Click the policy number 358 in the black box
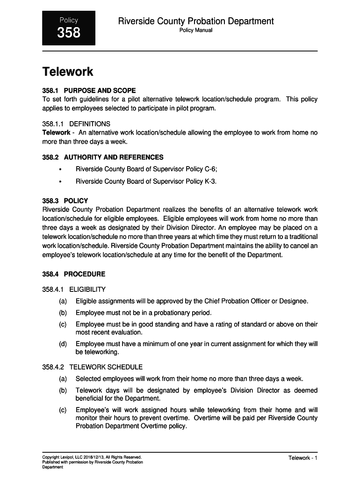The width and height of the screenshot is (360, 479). click(69, 33)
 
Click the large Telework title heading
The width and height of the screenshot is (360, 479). click(68, 72)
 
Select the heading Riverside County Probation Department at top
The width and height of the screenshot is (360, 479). click(196, 21)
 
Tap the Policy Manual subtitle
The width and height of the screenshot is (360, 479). click(196, 30)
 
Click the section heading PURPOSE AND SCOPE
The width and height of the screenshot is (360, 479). click(100, 90)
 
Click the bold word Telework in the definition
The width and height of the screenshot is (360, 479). click(56, 133)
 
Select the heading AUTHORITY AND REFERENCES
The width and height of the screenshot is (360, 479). click(114, 158)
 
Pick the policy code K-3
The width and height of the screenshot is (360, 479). click(210, 181)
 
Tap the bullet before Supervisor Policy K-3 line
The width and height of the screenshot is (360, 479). click(60, 182)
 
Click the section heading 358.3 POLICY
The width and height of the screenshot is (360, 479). click(65, 201)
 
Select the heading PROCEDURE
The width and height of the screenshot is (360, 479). click(85, 274)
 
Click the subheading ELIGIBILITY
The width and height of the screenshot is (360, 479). click(87, 290)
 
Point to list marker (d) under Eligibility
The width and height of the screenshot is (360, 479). click(63, 344)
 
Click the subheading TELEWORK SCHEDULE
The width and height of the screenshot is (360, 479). click(106, 367)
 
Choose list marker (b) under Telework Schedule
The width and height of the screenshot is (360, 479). click(63, 390)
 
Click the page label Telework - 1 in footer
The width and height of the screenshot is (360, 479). click(303, 458)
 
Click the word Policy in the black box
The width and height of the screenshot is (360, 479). click(69, 20)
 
